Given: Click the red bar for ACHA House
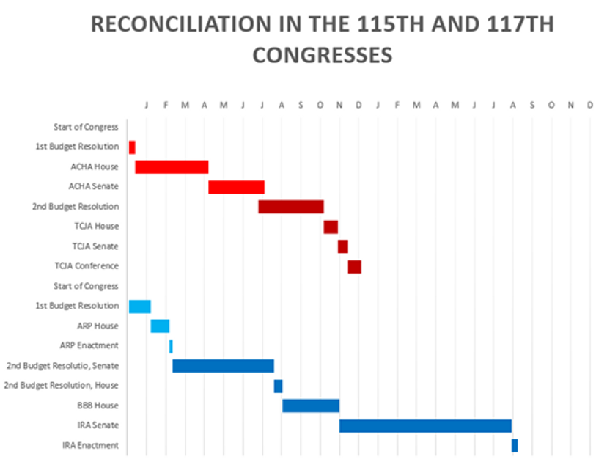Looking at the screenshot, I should click(x=172, y=167).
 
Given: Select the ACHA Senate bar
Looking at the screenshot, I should click(x=236, y=187).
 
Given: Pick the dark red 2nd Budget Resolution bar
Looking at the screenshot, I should click(x=291, y=207).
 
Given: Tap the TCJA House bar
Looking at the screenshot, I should click(x=331, y=227).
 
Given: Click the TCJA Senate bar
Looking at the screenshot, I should click(x=342, y=246).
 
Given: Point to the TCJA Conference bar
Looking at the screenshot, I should click(x=354, y=266).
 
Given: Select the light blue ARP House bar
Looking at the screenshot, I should click(x=160, y=326).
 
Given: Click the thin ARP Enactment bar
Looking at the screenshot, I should click(x=171, y=346).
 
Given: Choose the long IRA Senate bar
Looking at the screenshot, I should click(x=425, y=425).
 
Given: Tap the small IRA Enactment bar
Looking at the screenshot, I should click(x=515, y=445).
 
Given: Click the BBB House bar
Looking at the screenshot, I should click(x=311, y=406).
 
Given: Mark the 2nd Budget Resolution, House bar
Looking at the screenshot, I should click(x=278, y=386).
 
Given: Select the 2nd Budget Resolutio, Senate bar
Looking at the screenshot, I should click(x=223, y=366).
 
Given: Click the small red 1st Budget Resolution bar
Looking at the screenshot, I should click(x=132, y=147).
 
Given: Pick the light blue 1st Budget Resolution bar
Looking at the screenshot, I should click(x=139, y=306).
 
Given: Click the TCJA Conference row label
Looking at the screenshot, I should click(x=87, y=266).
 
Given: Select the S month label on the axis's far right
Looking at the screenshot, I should click(x=532, y=106).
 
